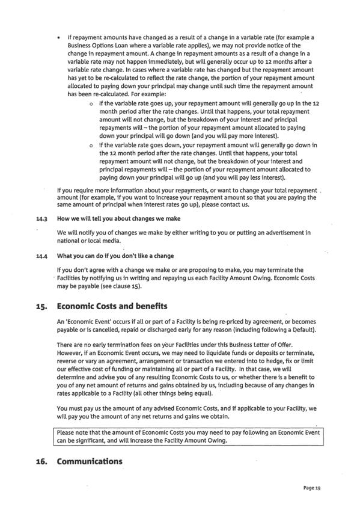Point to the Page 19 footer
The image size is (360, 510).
point(312,488)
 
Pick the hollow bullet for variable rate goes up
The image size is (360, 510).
point(89,105)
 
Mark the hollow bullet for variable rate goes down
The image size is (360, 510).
point(89,146)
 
